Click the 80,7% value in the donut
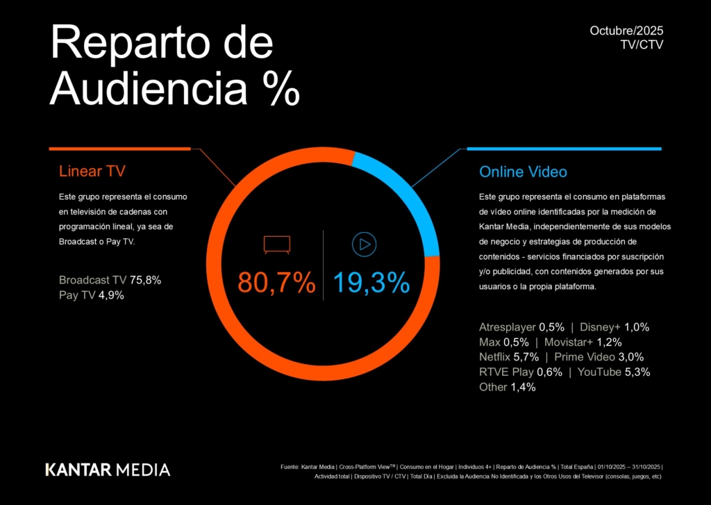pos(276,283)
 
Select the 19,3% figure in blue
pos(371,283)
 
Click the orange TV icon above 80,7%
pos(276,245)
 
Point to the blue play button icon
pos(364,245)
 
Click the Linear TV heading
pos(92,172)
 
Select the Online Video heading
pos(523,172)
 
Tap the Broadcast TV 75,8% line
pos(110,281)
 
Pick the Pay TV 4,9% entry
pos(92,295)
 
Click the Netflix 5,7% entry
pos(508,357)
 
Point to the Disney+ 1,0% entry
pos(614,327)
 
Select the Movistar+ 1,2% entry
pos(583,342)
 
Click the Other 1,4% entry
pos(507,387)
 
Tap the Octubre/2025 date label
pos(627,31)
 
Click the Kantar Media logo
pos(108,470)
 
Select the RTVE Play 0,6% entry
pos(519,372)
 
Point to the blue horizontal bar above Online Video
pos(564,149)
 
